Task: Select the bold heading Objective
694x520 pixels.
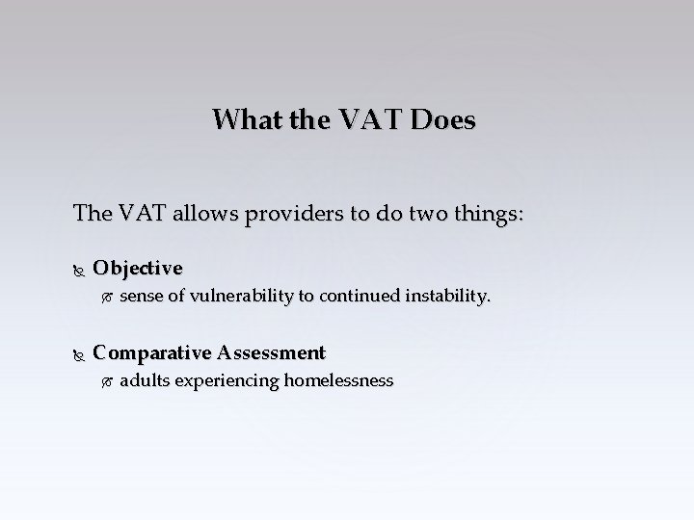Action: [138, 266]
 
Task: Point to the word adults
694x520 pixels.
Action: [142, 380]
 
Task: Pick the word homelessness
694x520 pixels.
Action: [337, 380]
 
